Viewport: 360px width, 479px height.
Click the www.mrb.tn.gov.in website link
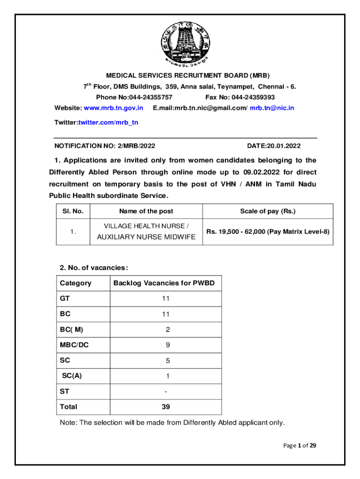click(113, 108)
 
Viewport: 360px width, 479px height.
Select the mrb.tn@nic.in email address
click(272, 108)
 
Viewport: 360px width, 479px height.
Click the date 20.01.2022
click(283, 146)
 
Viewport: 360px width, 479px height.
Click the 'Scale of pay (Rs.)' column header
click(268, 211)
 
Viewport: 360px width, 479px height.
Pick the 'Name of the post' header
click(146, 211)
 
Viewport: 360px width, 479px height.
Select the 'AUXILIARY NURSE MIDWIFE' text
click(146, 237)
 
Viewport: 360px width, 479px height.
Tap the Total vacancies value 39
click(166, 407)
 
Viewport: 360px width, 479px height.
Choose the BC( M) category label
click(72, 330)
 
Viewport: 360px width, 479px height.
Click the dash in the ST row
click(166, 392)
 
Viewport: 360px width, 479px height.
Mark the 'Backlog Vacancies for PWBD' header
click(164, 283)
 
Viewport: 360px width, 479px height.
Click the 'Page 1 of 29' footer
click(300, 445)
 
